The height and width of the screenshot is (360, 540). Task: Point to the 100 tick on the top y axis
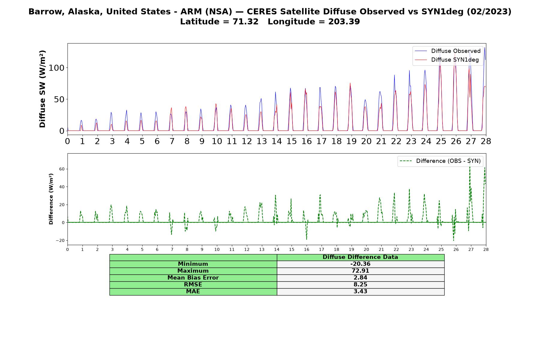point(56,68)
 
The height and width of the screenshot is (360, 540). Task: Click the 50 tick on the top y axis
point(59,99)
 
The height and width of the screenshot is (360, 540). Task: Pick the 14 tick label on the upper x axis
point(277,141)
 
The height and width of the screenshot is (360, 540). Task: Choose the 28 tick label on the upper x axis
point(486,141)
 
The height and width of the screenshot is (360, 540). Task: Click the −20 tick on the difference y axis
point(60,241)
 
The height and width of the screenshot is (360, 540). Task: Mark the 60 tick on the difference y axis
point(62,169)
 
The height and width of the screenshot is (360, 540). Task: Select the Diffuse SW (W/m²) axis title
point(42,89)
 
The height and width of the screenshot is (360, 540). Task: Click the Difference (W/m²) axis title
point(51,199)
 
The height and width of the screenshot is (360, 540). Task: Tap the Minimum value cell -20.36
point(360,264)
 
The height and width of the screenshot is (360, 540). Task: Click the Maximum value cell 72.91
point(360,271)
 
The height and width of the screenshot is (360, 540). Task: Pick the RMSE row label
point(193,285)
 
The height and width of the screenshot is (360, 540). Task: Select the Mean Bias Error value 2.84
point(360,278)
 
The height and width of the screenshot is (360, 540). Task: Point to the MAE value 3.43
point(360,292)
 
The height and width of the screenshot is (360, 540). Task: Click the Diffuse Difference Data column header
point(360,257)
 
